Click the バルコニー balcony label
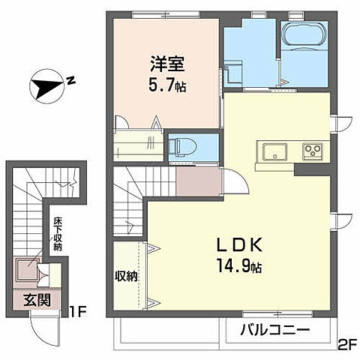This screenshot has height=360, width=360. point(274,330)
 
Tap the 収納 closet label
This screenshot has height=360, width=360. point(127,276)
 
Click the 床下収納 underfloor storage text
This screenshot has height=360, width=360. point(57,233)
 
